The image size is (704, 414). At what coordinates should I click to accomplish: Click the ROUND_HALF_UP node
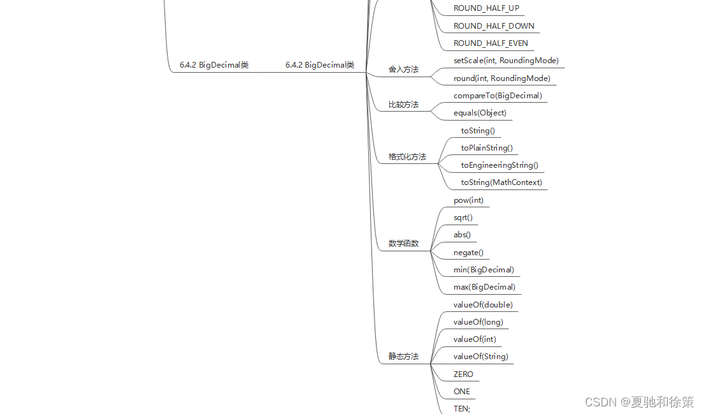[486, 8]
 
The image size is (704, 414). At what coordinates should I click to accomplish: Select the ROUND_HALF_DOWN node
[494, 26]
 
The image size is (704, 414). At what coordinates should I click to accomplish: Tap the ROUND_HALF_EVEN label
[491, 43]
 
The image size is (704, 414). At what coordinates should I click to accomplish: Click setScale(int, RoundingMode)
[506, 61]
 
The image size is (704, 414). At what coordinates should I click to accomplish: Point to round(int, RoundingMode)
[501, 78]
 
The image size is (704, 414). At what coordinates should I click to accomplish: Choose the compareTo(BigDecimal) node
[498, 96]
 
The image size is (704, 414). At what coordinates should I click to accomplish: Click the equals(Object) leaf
[480, 113]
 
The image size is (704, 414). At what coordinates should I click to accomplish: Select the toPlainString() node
[487, 148]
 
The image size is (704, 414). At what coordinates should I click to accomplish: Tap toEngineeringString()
[499, 165]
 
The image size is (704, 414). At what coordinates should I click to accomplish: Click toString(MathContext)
[501, 182]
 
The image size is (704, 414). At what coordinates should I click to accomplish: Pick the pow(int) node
[468, 200]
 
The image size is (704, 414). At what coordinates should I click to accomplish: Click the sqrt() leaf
[463, 218]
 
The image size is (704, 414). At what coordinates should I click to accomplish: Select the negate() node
[468, 253]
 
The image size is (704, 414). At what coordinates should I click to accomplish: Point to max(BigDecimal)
[484, 287]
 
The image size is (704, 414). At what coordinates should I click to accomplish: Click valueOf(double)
[483, 305]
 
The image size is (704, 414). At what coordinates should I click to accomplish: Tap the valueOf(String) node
[481, 357]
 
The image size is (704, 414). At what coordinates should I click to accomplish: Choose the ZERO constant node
[463, 374]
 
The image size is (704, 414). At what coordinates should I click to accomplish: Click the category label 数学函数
[404, 244]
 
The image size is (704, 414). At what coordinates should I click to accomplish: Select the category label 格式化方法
[407, 157]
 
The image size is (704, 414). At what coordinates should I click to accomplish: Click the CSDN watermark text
[639, 402]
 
